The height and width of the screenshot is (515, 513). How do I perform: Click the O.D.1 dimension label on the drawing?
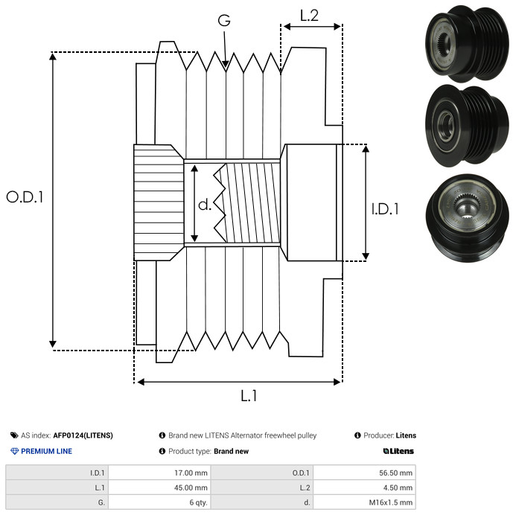(x=25, y=197)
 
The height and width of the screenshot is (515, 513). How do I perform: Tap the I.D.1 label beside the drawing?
(x=385, y=209)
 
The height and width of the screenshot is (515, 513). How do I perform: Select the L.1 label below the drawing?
(x=249, y=395)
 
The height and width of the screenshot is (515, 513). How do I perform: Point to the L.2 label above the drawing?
(x=309, y=16)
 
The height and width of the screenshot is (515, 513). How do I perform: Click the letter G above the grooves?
(x=224, y=20)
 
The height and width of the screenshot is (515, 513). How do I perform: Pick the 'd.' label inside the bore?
(x=205, y=205)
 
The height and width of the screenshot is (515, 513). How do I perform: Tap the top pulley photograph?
(x=467, y=43)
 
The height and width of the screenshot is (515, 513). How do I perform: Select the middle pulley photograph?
(x=467, y=126)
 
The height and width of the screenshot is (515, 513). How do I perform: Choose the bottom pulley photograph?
(x=467, y=218)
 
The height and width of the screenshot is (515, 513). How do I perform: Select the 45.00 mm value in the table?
(x=191, y=487)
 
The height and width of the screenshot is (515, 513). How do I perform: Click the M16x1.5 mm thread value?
(x=390, y=502)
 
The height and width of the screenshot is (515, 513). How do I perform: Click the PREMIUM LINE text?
(x=46, y=451)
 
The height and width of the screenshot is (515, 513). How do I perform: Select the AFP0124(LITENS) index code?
(x=83, y=435)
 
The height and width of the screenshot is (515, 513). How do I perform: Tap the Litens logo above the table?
(x=398, y=451)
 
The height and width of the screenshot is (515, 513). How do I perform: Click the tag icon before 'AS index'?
(x=14, y=435)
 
